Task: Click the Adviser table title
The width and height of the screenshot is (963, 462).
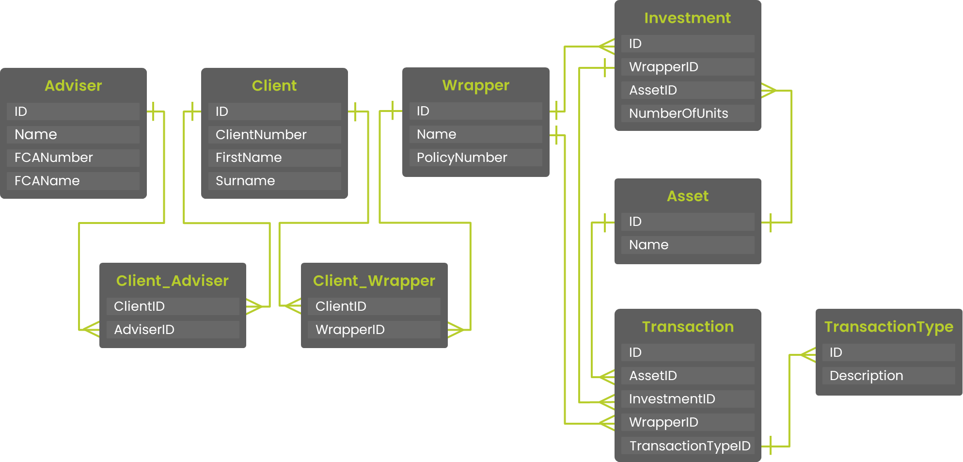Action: click(x=73, y=86)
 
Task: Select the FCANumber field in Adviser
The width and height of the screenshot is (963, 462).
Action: click(x=73, y=158)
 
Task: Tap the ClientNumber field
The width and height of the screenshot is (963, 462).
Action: click(x=274, y=135)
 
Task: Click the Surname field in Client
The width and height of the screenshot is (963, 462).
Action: click(x=274, y=181)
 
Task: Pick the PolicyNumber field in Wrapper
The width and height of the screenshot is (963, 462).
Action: click(x=475, y=158)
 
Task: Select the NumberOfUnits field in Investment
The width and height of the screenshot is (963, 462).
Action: click(x=687, y=113)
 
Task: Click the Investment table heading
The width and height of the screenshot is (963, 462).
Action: click(x=687, y=18)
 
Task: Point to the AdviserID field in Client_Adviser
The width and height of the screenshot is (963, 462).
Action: click(x=173, y=330)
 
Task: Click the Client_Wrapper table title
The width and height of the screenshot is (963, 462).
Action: click(x=374, y=281)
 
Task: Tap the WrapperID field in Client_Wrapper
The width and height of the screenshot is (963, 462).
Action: click(x=374, y=330)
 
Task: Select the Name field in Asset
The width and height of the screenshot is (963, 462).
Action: click(x=687, y=245)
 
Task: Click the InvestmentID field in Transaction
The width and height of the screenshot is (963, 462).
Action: click(x=687, y=399)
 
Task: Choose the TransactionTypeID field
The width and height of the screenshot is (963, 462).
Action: click(x=687, y=446)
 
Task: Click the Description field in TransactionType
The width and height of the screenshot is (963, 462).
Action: click(x=888, y=376)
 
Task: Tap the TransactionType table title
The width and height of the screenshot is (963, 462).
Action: click(x=888, y=327)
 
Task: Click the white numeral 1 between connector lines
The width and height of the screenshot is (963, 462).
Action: click(x=582, y=279)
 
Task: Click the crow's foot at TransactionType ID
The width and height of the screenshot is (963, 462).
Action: click(x=808, y=355)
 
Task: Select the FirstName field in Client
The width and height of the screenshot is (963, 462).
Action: click(x=274, y=158)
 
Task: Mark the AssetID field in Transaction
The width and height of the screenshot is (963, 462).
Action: click(x=687, y=376)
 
